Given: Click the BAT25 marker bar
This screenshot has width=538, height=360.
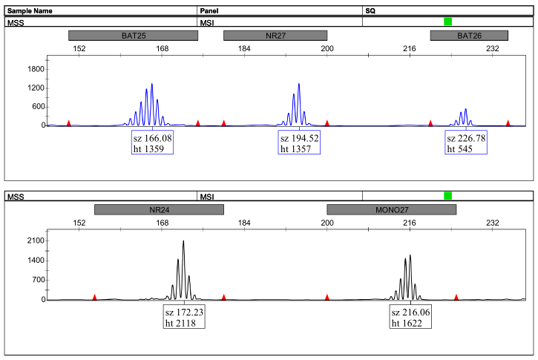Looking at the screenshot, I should [x=133, y=36].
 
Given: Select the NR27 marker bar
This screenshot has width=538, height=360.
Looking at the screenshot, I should [x=275, y=36].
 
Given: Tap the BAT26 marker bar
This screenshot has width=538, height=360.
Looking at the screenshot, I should [x=469, y=36].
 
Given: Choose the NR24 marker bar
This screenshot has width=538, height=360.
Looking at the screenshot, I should [x=159, y=209].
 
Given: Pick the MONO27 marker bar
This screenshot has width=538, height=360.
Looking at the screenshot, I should [x=391, y=209].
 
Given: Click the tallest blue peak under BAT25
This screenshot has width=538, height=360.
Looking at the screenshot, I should [x=152, y=85].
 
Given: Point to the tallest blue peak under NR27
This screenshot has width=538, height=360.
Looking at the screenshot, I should [x=299, y=85].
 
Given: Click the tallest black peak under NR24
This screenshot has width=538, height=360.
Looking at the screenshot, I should [x=183, y=242].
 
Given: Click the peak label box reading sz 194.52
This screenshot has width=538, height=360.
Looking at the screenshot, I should [x=299, y=143].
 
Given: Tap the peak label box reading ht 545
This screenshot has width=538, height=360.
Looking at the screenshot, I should [x=465, y=143].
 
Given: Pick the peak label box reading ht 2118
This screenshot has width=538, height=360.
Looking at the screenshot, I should [x=184, y=318].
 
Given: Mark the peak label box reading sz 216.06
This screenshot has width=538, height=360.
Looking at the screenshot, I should [x=410, y=318].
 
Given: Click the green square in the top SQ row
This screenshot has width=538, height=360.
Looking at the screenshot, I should [x=447, y=22].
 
